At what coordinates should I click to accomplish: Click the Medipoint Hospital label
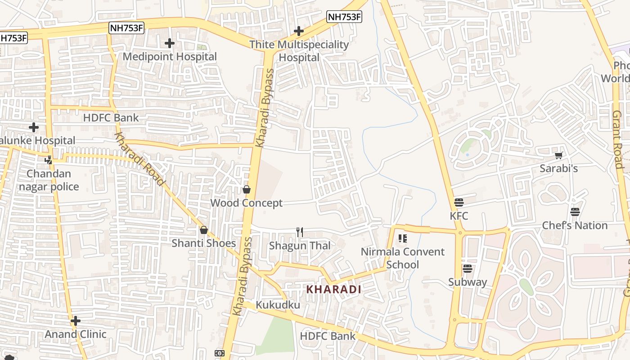click(x=170, y=57)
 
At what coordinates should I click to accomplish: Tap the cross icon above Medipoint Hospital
click(x=170, y=43)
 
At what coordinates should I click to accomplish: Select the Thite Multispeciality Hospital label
click(x=299, y=51)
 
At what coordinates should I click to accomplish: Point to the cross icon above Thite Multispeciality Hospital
click(x=299, y=31)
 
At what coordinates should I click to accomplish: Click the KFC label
click(x=459, y=216)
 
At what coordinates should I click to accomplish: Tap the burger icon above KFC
click(x=459, y=202)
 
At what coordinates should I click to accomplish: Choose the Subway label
click(x=468, y=282)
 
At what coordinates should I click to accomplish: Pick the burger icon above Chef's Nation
click(x=575, y=211)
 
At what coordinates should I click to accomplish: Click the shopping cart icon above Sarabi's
click(x=559, y=155)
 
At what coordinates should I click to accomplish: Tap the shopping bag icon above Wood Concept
click(x=247, y=189)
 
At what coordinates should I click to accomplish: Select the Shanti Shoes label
click(x=203, y=243)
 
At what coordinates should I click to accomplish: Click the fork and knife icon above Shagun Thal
click(x=300, y=232)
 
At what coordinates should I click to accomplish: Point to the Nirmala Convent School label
click(x=402, y=258)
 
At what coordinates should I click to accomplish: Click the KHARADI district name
click(x=333, y=289)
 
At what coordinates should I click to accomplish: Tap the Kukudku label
click(x=278, y=305)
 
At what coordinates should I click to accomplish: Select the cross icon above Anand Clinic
click(x=76, y=321)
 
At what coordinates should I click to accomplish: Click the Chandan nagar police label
click(x=49, y=180)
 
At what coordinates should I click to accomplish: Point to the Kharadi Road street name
click(x=139, y=159)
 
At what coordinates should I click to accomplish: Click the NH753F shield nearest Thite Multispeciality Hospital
click(x=344, y=17)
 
